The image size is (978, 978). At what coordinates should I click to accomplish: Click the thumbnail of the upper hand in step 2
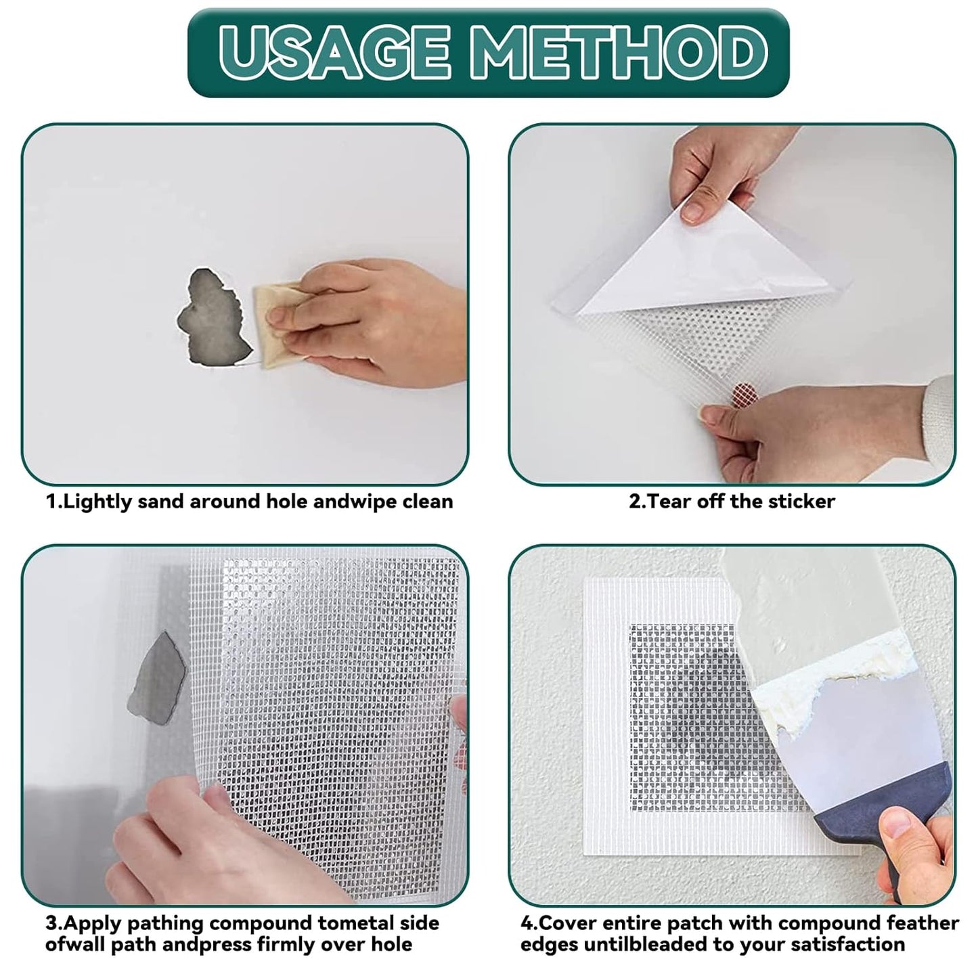(693, 213)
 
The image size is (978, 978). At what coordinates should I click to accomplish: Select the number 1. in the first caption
(54, 502)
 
